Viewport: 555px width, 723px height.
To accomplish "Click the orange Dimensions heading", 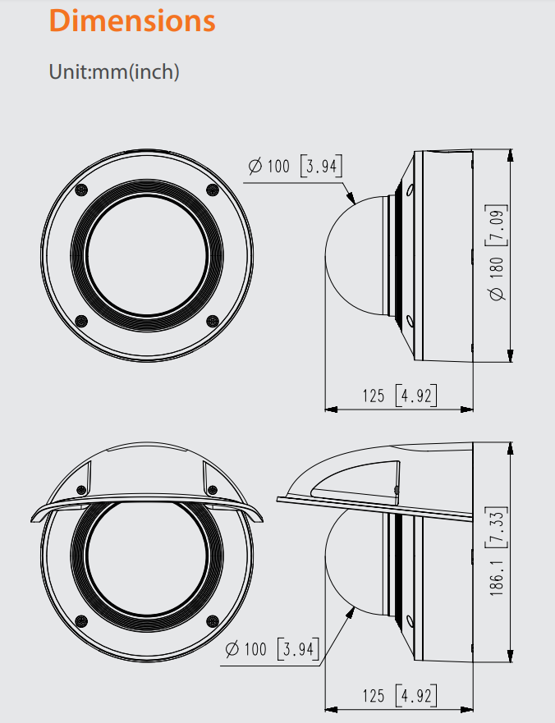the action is tap(132, 21).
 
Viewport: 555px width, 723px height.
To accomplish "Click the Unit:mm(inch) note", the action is tap(114, 72).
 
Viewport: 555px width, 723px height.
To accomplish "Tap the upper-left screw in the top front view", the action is tap(81, 190).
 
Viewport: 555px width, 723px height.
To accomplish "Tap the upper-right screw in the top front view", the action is tap(212, 190).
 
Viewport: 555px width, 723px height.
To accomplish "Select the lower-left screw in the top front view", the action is tap(81, 321).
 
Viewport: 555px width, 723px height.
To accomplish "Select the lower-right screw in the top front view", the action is tap(212, 321).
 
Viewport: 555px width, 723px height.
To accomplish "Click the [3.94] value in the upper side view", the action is tap(322, 166).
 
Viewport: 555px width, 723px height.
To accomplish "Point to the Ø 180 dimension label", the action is tap(497, 278).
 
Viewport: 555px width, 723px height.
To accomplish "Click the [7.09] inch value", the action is tap(497, 226).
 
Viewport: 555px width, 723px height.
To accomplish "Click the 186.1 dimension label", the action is tap(497, 572).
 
